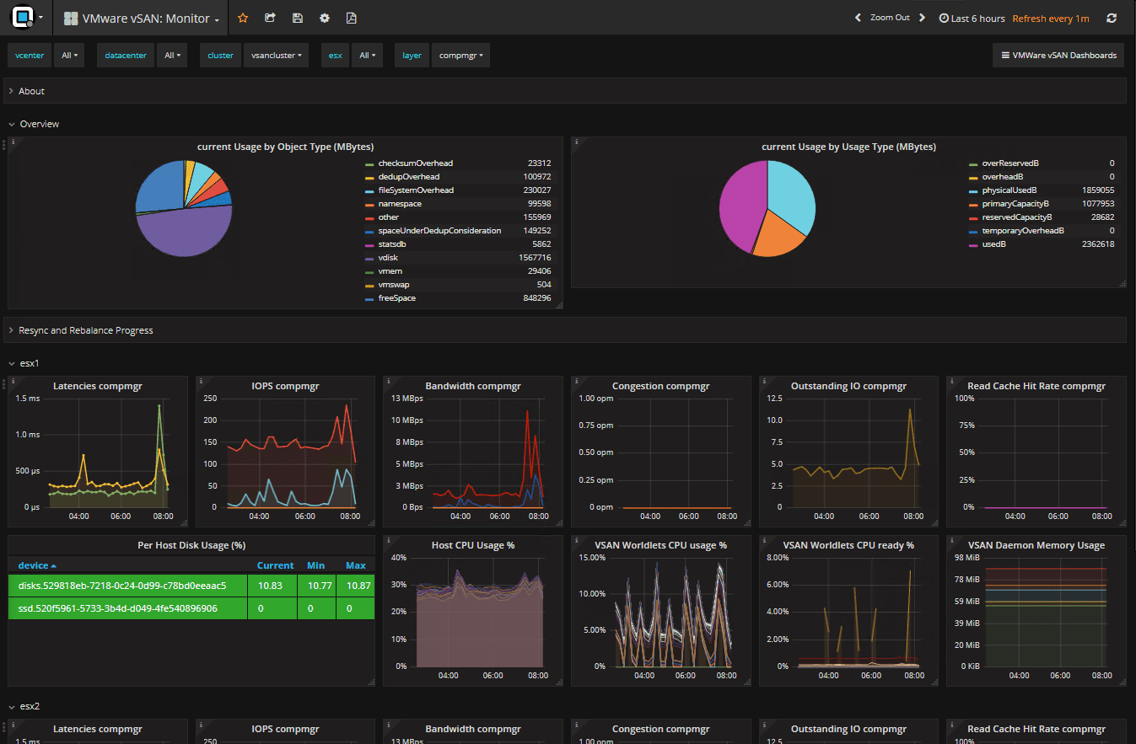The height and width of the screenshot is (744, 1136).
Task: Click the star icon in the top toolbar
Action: pyautogui.click(x=243, y=18)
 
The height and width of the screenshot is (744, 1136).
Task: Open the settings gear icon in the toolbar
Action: pyautogui.click(x=325, y=18)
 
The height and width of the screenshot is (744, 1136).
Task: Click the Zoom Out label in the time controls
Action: pyautogui.click(x=890, y=18)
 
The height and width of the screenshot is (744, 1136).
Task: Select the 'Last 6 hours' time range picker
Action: pyautogui.click(x=972, y=19)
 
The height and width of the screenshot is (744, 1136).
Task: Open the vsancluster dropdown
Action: pyautogui.click(x=276, y=56)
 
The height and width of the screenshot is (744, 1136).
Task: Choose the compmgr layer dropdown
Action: pyautogui.click(x=460, y=56)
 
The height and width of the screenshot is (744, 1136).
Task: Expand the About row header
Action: pyautogui.click(x=31, y=91)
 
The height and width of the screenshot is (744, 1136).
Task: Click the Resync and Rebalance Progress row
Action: pyautogui.click(x=85, y=330)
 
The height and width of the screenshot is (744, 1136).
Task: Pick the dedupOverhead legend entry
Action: pyautogui.click(x=408, y=177)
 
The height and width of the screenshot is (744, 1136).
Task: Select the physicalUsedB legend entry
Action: pyautogui.click(x=1009, y=190)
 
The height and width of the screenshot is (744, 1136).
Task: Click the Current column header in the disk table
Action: pyautogui.click(x=275, y=565)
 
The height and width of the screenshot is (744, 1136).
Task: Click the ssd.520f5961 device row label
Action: pyautogui.click(x=117, y=608)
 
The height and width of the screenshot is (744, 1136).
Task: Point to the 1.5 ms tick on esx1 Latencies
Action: pyautogui.click(x=28, y=399)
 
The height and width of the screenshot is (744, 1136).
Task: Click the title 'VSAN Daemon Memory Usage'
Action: pyautogui.click(x=1036, y=545)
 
